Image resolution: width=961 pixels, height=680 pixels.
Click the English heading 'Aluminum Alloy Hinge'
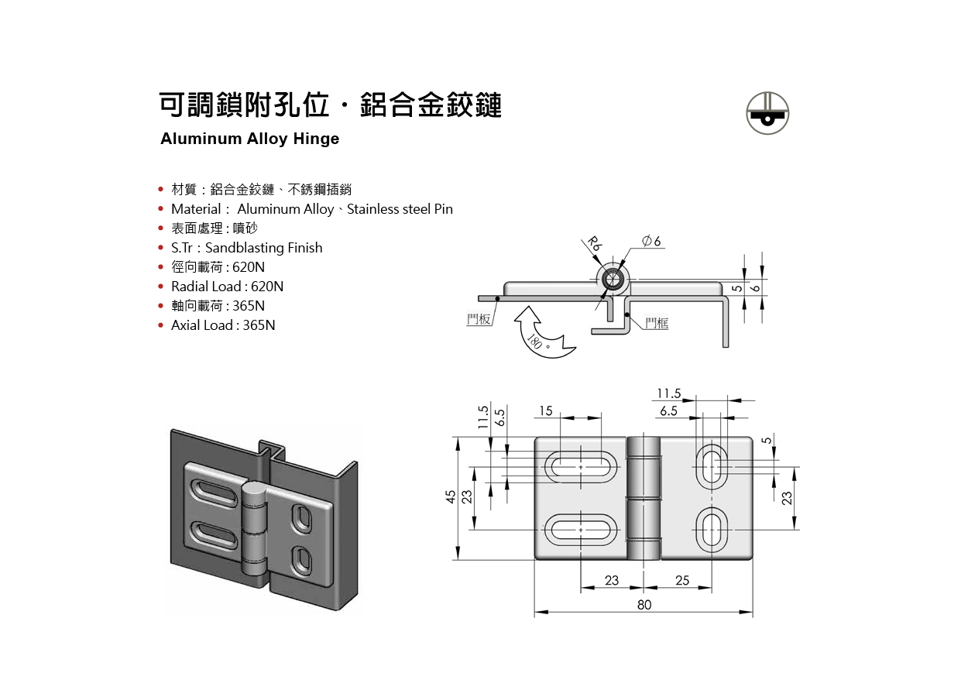tap(249, 139)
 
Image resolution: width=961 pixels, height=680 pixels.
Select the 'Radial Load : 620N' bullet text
tap(227, 287)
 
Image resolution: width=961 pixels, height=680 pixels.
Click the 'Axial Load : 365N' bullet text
tap(223, 325)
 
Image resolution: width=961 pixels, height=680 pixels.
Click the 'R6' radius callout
tap(594, 245)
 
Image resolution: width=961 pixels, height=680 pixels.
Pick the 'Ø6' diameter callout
tap(653, 242)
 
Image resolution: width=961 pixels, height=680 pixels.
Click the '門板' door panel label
tap(479, 319)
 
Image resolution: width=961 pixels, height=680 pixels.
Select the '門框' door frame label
tap(657, 323)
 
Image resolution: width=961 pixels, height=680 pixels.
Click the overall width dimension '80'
tap(644, 605)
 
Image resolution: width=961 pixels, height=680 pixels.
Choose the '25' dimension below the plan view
tap(682, 580)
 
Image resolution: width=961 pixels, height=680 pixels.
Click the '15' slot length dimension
tap(547, 410)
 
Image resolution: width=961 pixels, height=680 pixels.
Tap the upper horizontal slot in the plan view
tap(582, 467)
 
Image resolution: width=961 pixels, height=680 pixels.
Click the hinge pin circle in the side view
tap(615, 280)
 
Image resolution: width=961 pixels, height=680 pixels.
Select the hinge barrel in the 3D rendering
tap(253, 527)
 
